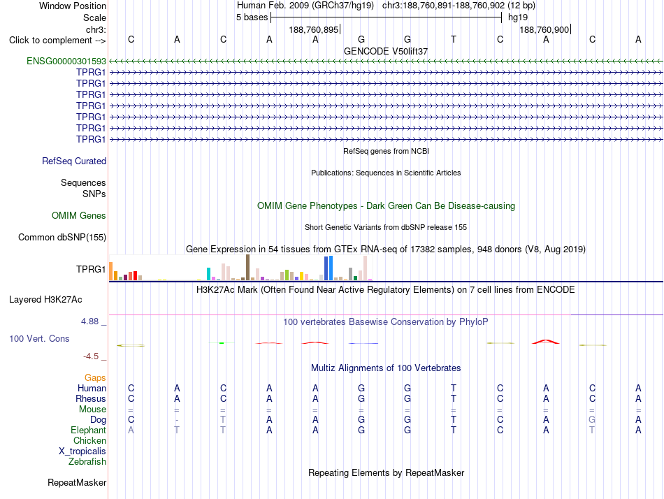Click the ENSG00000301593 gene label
(x=66, y=61)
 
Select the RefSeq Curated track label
(x=74, y=161)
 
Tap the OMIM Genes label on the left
(x=79, y=216)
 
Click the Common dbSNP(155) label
(x=62, y=237)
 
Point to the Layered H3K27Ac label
(x=45, y=300)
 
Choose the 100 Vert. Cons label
(x=39, y=338)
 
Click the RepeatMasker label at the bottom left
(x=77, y=482)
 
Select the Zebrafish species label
(x=87, y=461)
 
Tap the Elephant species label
(x=89, y=430)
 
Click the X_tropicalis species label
(x=82, y=451)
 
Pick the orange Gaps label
(x=95, y=377)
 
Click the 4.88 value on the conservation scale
(x=89, y=321)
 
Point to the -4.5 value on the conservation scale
(x=91, y=356)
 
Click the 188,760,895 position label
(x=314, y=29)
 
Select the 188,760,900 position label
(x=544, y=29)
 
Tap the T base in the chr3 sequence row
(x=454, y=39)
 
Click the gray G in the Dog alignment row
(x=592, y=419)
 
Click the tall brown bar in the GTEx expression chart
(x=247, y=267)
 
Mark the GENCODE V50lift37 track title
(x=386, y=51)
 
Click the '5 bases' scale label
(x=252, y=17)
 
